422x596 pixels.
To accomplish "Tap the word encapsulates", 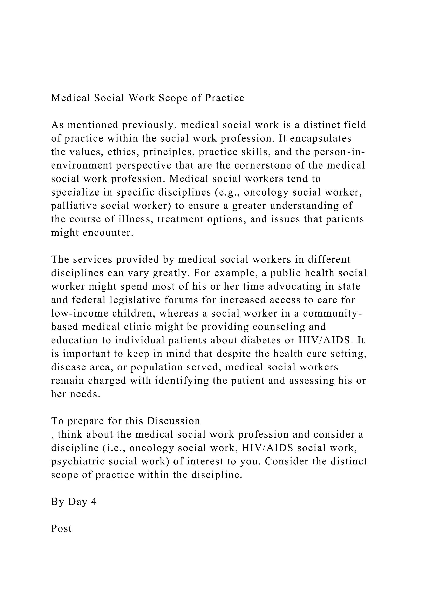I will click(321, 138).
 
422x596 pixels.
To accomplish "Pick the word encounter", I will click(108, 233).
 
